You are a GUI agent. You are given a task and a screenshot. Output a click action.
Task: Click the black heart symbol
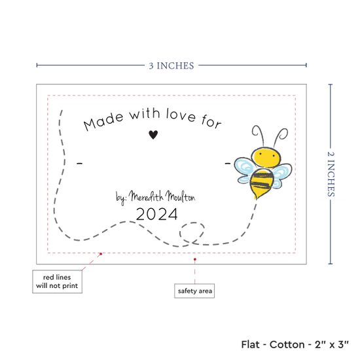[153, 135]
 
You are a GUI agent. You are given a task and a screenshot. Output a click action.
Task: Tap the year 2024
[157, 214]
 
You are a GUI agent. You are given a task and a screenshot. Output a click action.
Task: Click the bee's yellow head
[266, 156]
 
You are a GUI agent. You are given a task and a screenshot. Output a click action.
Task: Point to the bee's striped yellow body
[261, 183]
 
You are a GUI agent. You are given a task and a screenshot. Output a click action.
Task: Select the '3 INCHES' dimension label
[171, 65]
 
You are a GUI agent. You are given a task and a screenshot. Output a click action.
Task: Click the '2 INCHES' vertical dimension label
[331, 174]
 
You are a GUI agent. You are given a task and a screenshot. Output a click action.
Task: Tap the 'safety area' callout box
[194, 291]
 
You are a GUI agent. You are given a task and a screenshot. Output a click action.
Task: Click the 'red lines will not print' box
[57, 281]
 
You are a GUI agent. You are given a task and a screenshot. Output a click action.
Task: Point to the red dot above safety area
[195, 259]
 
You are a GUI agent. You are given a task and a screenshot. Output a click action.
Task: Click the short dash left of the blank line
[79, 164]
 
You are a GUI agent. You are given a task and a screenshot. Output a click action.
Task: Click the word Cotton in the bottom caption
[287, 344]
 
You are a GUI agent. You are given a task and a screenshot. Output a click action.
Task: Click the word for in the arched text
[211, 121]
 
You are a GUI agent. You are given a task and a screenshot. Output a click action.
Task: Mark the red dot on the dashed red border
[101, 254]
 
